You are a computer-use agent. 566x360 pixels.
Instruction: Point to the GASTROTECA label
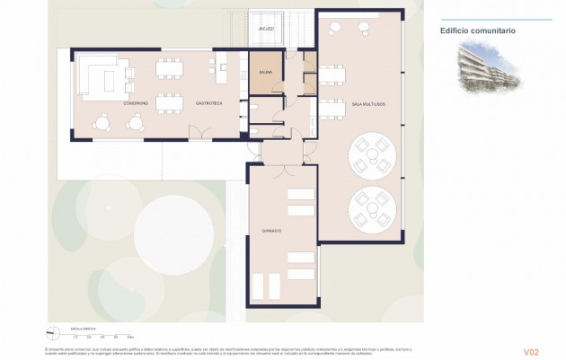tap(208, 103)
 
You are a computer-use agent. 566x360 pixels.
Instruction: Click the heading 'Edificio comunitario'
tap(477, 30)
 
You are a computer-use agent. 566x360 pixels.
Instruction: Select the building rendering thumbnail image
tap(489, 69)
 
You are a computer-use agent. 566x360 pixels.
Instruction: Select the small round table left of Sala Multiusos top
tap(334, 29)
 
